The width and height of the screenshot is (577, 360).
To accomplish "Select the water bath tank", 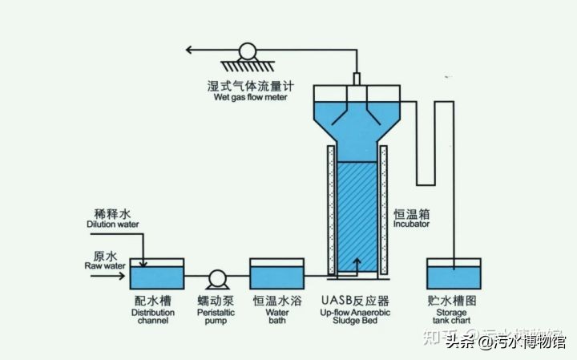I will [x=276, y=274].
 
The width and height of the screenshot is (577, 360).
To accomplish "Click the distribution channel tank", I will [x=156, y=274].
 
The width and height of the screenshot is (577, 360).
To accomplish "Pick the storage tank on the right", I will [x=454, y=274].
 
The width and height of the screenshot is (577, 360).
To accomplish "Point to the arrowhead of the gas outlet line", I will [x=191, y=50].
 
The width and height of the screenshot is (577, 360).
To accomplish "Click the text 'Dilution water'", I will [x=113, y=225].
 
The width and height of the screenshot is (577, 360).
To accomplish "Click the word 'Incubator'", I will [x=411, y=224].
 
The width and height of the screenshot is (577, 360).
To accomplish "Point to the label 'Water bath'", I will [x=277, y=316].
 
